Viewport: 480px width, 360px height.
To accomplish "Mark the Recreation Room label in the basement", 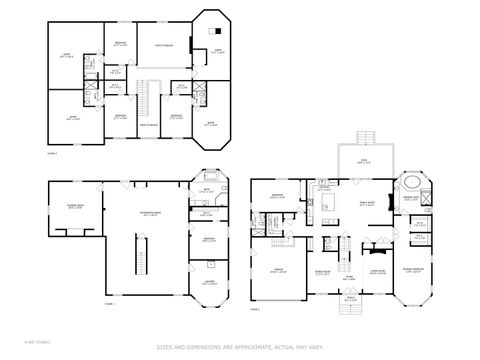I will [x=151, y=213].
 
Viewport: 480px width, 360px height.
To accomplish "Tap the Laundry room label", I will [x=210, y=282].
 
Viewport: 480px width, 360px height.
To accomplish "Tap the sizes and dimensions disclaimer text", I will [x=240, y=347].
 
